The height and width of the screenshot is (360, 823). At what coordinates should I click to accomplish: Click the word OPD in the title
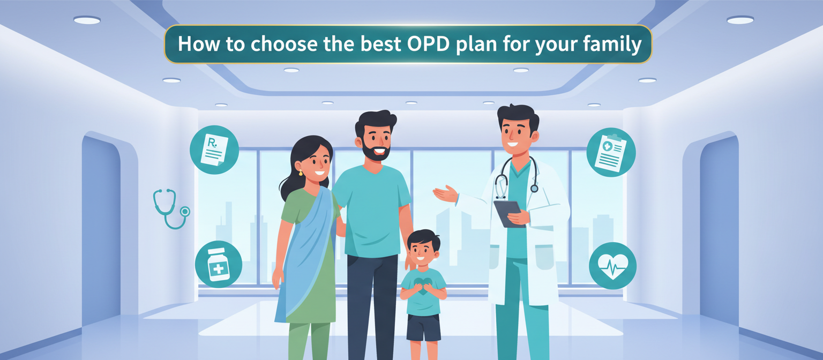pyautogui.click(x=425, y=44)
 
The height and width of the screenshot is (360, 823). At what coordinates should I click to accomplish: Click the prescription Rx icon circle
pyautogui.click(x=214, y=149)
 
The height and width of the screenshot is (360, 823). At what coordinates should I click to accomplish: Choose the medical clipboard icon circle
pyautogui.click(x=611, y=152)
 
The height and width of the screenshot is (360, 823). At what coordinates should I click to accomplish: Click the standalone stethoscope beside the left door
pyautogui.click(x=169, y=208)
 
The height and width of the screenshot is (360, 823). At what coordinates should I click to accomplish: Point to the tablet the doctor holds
pyautogui.click(x=508, y=213)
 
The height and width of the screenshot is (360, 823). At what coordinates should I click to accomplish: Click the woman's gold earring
pyautogui.click(x=301, y=172)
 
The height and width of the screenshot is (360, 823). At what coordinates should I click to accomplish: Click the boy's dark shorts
pyautogui.click(x=423, y=326)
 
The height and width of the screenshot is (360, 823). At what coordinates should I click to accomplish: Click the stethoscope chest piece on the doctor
pyautogui.click(x=534, y=188)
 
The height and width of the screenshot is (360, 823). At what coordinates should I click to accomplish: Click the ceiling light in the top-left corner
pyautogui.click(x=87, y=20)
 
